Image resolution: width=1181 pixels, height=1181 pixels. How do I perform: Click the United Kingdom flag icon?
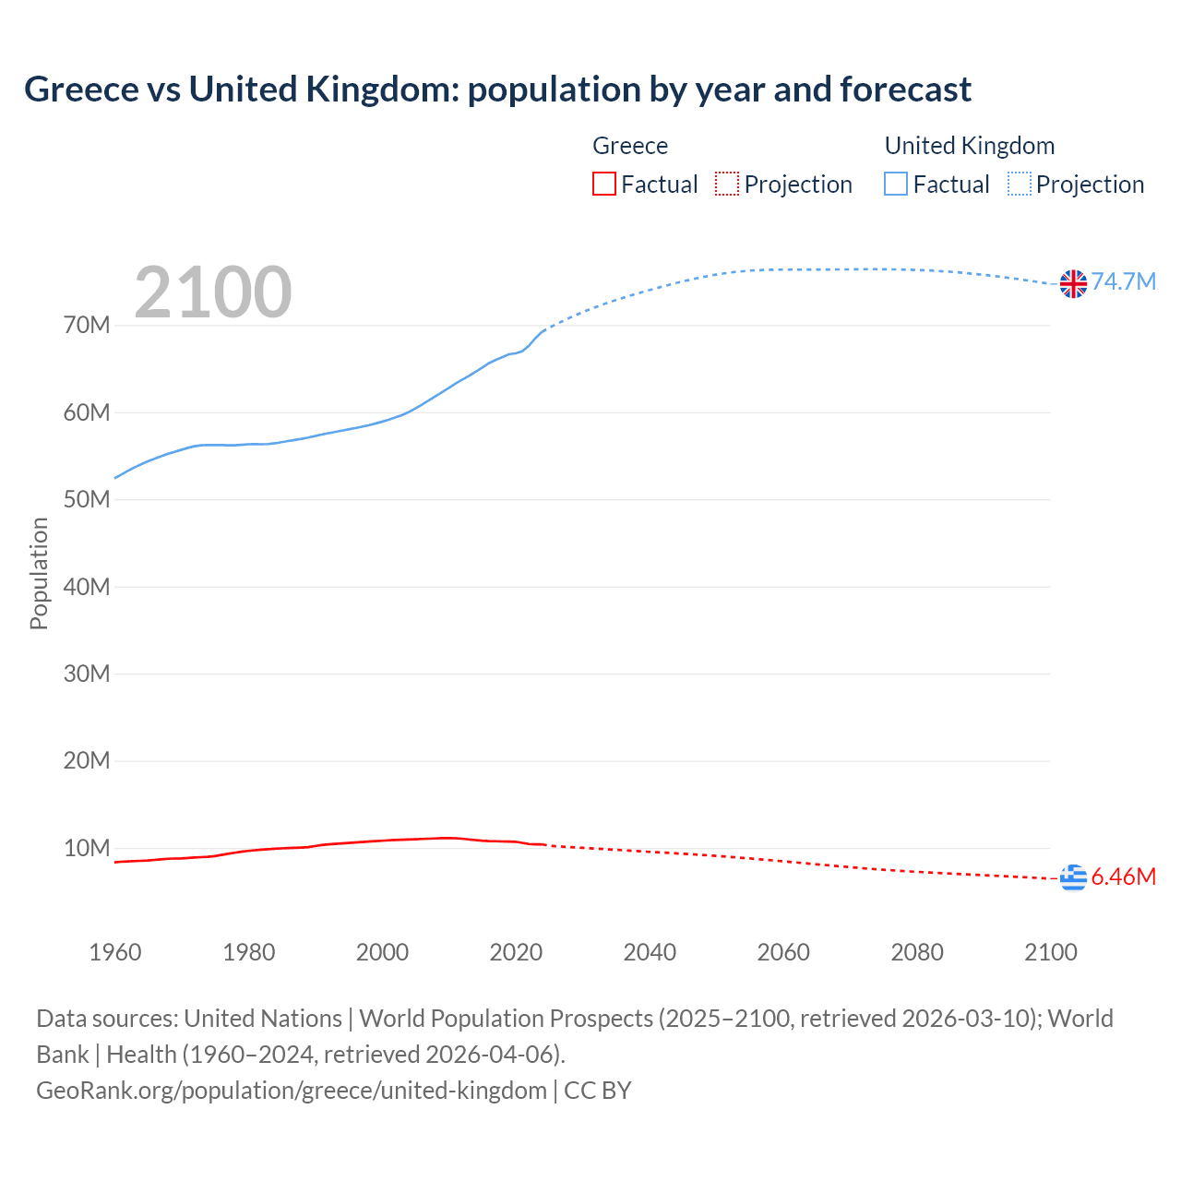[1073, 283]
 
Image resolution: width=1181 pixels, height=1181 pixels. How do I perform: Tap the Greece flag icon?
[1073, 877]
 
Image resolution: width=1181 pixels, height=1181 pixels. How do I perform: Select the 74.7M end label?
[1123, 281]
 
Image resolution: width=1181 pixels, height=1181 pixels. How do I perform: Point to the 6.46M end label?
[1123, 877]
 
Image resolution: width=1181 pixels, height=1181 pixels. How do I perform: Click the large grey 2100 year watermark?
[213, 292]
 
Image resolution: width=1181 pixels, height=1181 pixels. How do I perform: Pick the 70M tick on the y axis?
[87, 326]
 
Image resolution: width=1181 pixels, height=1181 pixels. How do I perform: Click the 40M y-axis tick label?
[87, 587]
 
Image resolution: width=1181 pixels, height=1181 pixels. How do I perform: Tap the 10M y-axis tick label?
[87, 848]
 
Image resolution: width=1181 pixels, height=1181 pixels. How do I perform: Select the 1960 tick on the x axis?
[115, 952]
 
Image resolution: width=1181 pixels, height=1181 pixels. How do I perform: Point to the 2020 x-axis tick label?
[516, 952]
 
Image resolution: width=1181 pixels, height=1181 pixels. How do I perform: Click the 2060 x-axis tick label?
[783, 952]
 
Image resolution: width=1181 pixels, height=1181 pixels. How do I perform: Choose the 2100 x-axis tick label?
[1050, 952]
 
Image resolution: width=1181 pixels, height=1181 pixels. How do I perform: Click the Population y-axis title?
[39, 573]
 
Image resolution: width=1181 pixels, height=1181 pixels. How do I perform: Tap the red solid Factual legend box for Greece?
[604, 185]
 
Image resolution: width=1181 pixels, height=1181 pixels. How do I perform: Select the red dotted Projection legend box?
[727, 185]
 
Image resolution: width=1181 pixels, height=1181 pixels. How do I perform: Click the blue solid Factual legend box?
[896, 185]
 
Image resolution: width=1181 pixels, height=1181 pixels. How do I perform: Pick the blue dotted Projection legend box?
[1019, 185]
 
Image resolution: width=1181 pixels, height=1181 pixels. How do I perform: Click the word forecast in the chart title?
[905, 89]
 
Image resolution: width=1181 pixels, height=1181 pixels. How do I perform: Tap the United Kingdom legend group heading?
[969, 146]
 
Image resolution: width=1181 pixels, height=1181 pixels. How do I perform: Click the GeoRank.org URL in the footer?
[292, 1090]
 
